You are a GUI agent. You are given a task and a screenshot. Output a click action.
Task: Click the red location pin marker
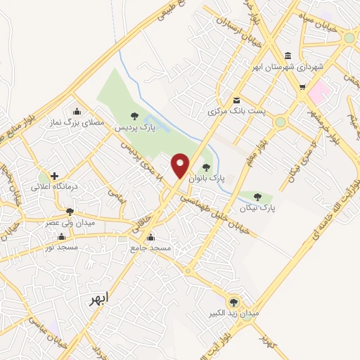[181, 165]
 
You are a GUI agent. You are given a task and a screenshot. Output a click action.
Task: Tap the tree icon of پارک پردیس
[134, 116]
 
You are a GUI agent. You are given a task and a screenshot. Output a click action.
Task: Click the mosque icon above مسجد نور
[61, 236]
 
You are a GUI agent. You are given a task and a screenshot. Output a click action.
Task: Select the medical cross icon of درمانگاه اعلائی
[54, 176]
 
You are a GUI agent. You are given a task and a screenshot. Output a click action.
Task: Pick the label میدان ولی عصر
[70, 222]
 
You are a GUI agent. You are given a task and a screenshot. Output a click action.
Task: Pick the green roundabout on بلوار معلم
[281, 122]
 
